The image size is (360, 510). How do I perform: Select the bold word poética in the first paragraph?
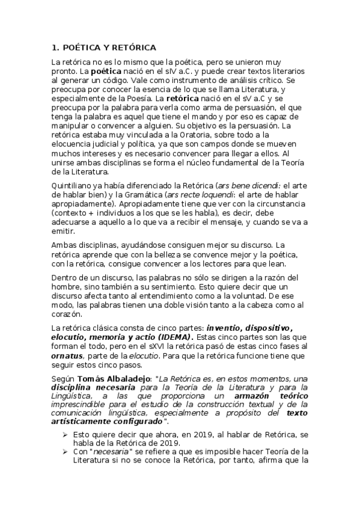coord(107,71)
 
